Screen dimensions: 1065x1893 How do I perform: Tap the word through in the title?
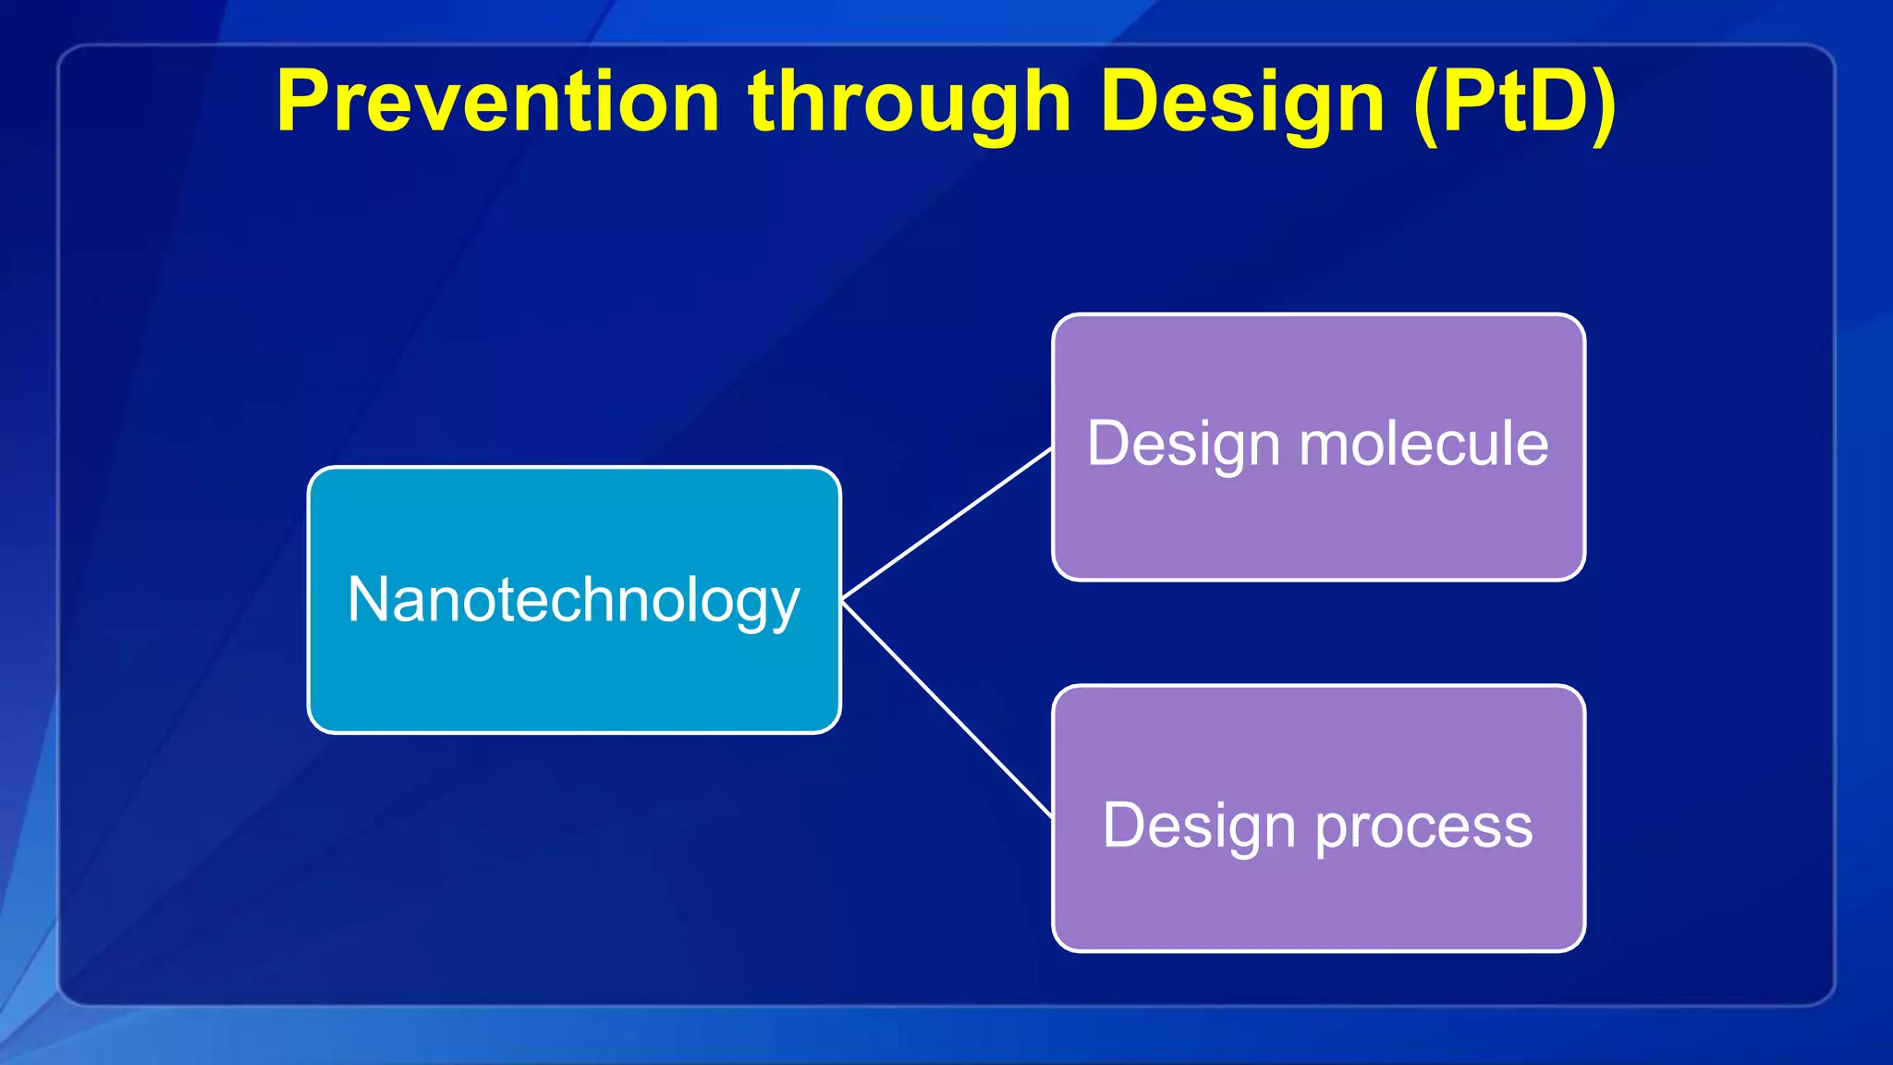click(910, 104)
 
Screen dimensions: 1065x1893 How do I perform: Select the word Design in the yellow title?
click(1242, 104)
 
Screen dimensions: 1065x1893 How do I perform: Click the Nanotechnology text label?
click(573, 601)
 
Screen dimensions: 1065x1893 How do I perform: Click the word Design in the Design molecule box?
click(1184, 446)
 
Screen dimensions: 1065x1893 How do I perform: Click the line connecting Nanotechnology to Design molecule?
click(947, 524)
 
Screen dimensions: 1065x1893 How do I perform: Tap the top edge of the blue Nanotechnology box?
click(573, 469)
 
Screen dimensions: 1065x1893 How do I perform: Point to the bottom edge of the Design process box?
click(1319, 949)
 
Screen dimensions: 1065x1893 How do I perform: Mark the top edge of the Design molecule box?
click(1319, 315)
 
